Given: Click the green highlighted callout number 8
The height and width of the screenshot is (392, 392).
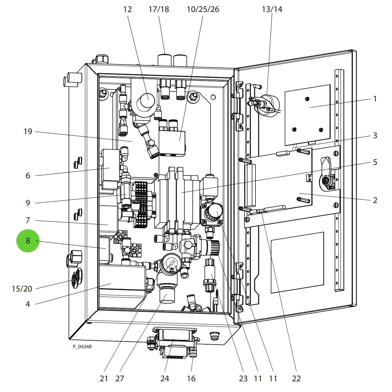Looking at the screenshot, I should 28,241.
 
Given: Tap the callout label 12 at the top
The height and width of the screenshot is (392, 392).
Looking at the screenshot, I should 128,9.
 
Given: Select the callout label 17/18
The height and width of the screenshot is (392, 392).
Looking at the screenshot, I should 159,9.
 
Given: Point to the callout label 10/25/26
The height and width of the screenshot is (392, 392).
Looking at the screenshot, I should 203,9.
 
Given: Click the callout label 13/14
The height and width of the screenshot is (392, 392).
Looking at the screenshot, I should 272,9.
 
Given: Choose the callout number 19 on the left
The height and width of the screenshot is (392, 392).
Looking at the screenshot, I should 28,132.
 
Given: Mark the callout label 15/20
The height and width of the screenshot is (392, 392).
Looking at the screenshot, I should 22,289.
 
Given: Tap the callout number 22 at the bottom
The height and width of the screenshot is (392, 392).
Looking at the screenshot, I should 296,379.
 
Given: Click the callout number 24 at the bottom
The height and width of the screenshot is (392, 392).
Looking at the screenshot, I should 165,379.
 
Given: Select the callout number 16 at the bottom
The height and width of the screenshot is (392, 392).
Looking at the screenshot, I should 191,379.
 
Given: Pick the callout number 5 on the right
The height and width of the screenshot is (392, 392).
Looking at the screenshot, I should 375,162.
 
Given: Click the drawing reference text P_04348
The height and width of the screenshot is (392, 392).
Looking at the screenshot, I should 82,347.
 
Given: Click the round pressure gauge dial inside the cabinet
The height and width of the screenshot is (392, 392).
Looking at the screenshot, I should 172,264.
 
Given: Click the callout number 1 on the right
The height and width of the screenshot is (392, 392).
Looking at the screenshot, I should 375,99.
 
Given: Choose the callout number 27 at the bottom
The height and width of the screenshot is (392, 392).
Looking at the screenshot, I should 120,379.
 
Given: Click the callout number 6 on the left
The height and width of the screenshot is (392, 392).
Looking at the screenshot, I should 28,176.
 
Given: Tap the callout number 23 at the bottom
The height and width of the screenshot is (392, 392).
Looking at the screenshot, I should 243,379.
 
